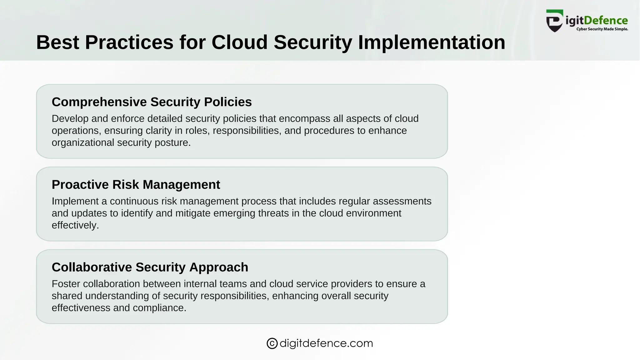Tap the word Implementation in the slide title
[x=432, y=42]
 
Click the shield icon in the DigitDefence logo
[x=555, y=21]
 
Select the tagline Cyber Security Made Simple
[x=602, y=29]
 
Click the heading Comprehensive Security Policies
[x=152, y=102]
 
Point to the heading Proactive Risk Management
[x=136, y=185]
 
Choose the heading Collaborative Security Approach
[x=150, y=267]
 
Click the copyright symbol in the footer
[x=272, y=343]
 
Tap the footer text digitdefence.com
[x=326, y=343]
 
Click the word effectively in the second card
[x=74, y=225]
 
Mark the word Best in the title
[x=57, y=42]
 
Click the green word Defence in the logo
[x=606, y=21]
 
